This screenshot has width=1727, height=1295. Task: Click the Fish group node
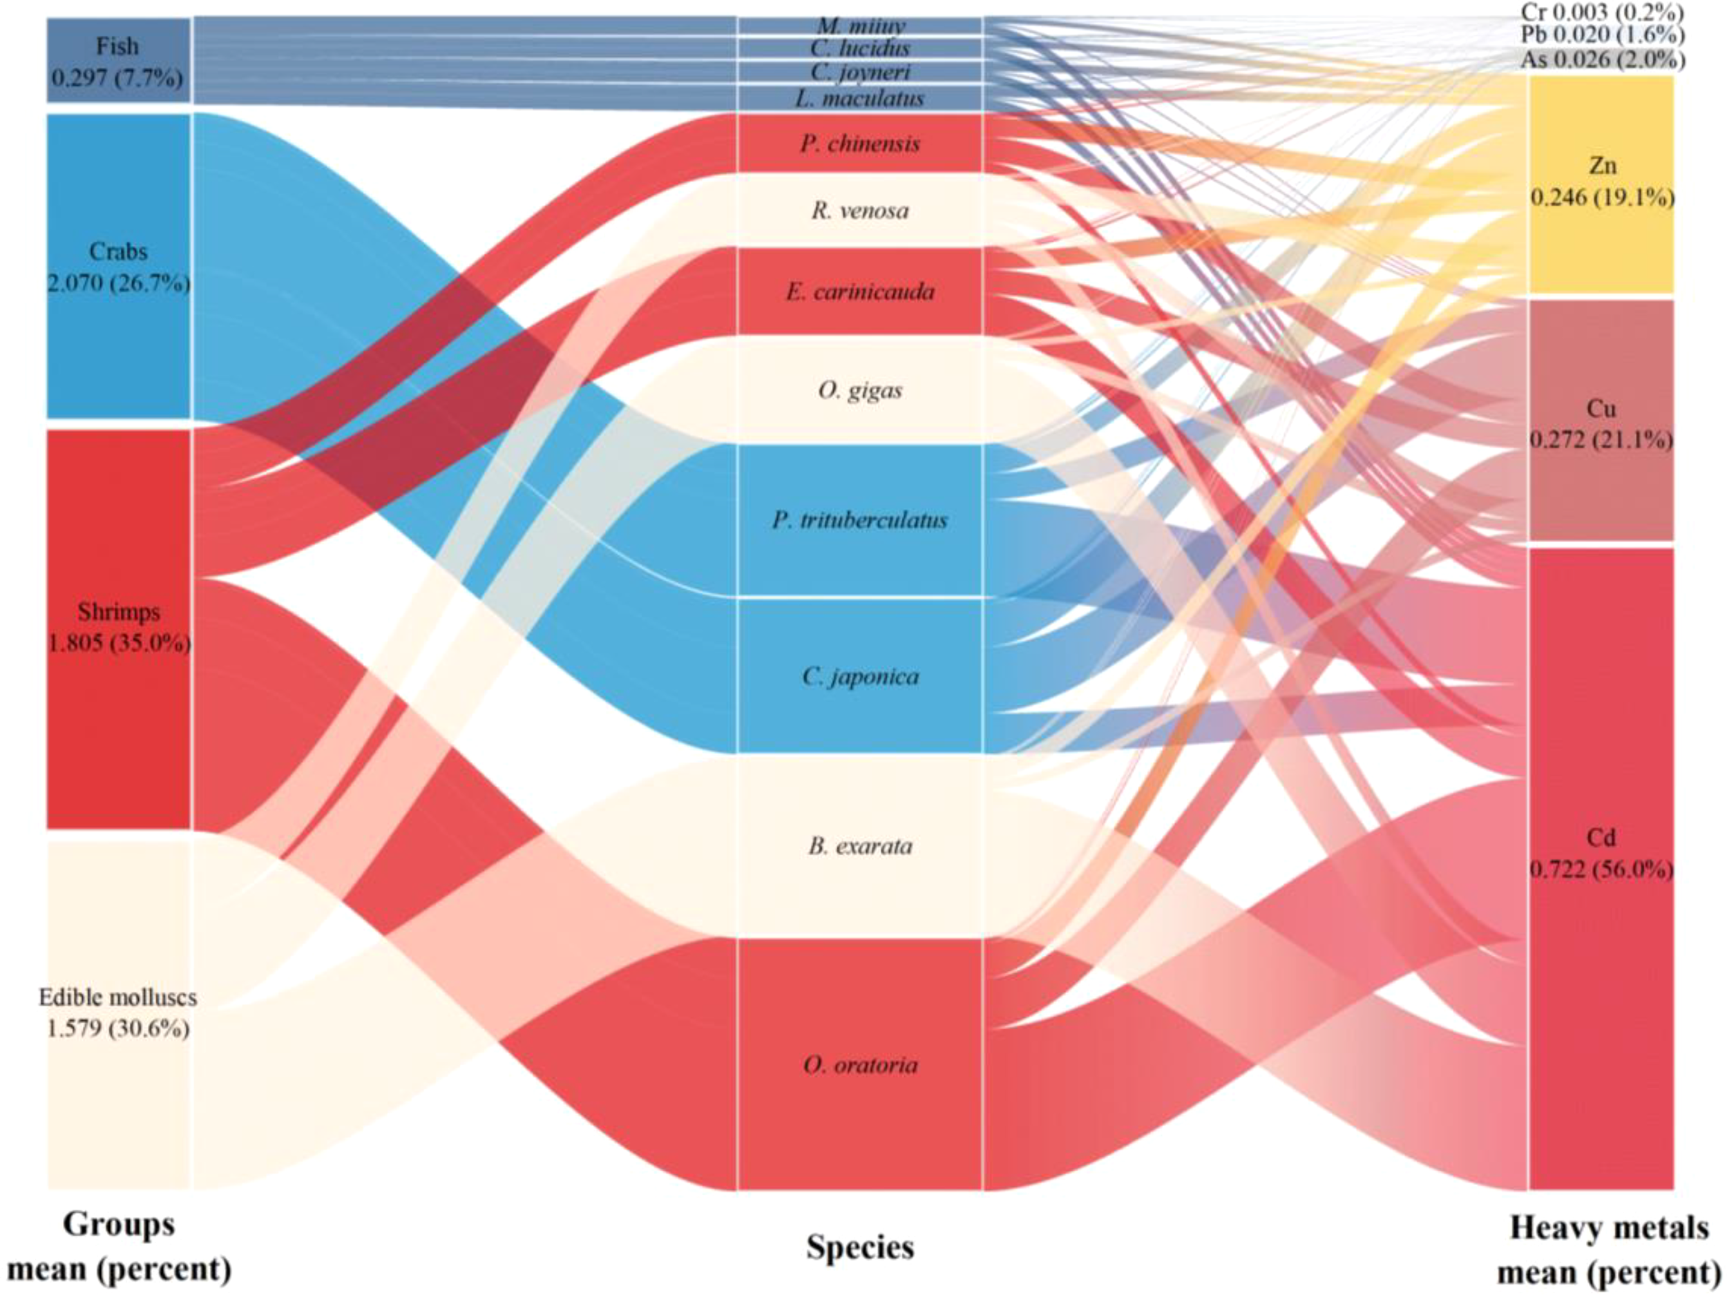click(118, 60)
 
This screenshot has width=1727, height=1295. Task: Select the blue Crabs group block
click(118, 265)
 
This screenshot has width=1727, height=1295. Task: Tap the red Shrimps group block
click(118, 629)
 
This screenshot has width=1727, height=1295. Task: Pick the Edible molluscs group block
click(118, 1013)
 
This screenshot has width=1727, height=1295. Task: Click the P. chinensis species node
click(859, 143)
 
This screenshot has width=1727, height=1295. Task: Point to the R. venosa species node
click(859, 210)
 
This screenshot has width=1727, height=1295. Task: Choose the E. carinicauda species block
click(859, 291)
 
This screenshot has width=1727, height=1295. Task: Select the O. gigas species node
click(859, 390)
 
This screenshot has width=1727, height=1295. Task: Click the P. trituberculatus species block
click(859, 520)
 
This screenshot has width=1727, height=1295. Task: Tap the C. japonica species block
click(859, 676)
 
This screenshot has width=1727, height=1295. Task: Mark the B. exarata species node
click(859, 845)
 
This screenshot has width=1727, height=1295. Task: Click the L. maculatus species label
click(859, 98)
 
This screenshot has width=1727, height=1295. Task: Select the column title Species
click(859, 1247)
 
